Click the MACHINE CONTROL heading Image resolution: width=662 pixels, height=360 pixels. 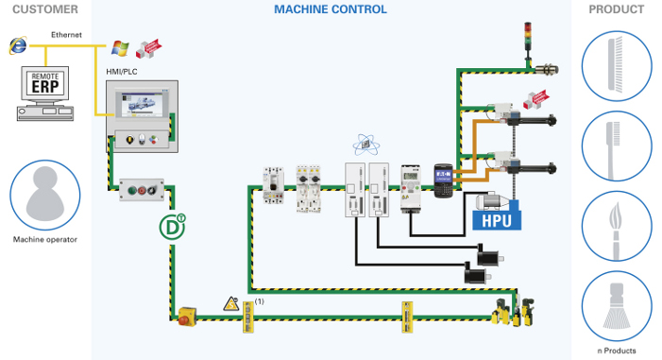(330, 9)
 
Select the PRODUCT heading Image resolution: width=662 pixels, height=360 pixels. (616, 9)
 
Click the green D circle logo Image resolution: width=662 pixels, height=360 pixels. (172, 228)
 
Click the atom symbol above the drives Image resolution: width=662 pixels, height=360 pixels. (365, 145)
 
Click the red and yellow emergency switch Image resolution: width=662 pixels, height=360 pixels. (188, 316)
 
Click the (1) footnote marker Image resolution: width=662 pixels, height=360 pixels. (260, 301)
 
